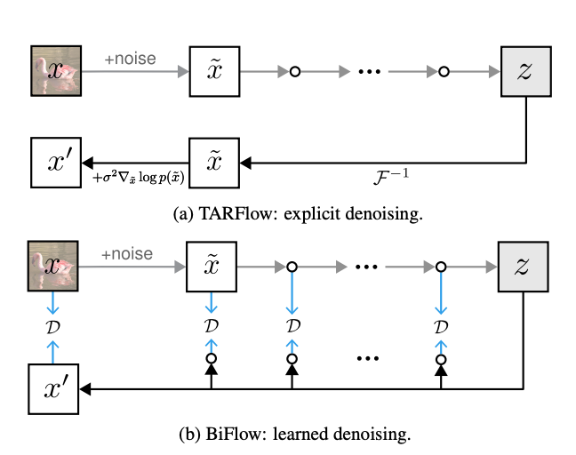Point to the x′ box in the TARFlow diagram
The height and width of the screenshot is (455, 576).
tap(56, 162)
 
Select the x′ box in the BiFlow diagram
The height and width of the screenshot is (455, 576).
tap(56, 388)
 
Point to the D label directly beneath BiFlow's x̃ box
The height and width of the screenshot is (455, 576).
tap(212, 327)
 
